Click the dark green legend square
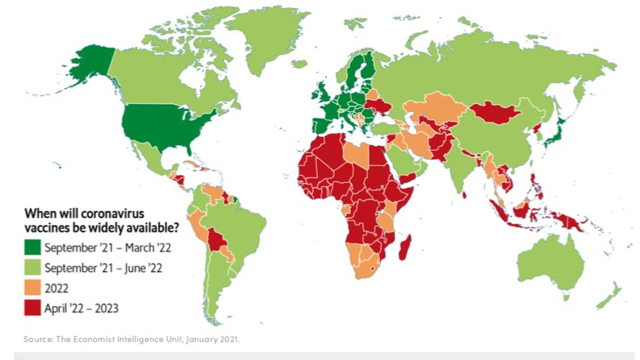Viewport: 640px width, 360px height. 32,248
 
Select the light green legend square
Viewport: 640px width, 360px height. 32,268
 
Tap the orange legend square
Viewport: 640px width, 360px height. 32,288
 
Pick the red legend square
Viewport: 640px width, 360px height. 32,308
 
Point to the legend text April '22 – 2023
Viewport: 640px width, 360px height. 81,308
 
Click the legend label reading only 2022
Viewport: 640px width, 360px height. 56,288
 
